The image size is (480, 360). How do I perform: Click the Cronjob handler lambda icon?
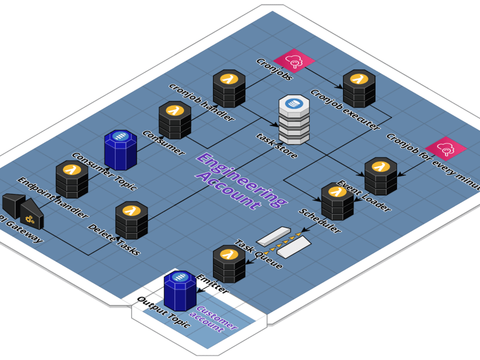[x=229, y=89]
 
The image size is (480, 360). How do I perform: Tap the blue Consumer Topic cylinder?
[x=120, y=150]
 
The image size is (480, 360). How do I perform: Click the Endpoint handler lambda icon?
[x=72, y=180]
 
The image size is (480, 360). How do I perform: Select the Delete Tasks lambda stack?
[x=131, y=220]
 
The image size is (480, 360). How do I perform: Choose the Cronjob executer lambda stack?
[x=359, y=88]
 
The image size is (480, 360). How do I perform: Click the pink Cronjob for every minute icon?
[x=446, y=148]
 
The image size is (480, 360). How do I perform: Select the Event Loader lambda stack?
[x=381, y=176]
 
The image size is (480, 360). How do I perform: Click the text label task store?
[x=276, y=146]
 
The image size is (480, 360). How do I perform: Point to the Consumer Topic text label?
[x=104, y=172]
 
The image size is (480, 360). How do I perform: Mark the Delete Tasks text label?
[x=114, y=240]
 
